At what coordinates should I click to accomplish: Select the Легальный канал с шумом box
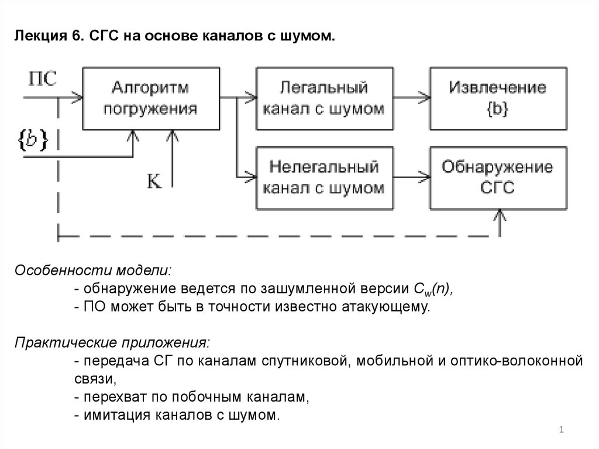tap(323, 98)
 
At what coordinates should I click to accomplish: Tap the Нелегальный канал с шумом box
tap(323, 178)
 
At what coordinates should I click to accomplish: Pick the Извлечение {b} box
tap(498, 98)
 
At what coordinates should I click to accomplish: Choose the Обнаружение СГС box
tap(498, 178)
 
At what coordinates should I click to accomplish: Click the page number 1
tap(561, 431)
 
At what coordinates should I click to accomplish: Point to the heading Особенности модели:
tap(94, 271)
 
